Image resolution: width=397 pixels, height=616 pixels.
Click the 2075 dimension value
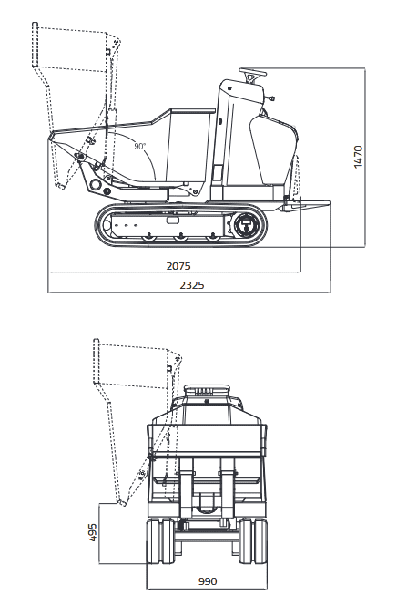point(178,266)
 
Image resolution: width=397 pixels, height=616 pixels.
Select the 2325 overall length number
point(192,285)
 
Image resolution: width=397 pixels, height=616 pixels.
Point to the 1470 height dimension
point(358,157)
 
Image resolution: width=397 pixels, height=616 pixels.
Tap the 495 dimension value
point(92,532)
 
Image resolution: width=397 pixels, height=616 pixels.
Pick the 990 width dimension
point(208,581)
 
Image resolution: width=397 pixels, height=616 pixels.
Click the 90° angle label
point(139,146)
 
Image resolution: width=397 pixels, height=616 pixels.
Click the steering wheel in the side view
point(253,72)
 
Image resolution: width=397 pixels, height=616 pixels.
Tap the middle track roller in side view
point(180,236)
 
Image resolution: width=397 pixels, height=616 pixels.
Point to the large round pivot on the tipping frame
point(95,184)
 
